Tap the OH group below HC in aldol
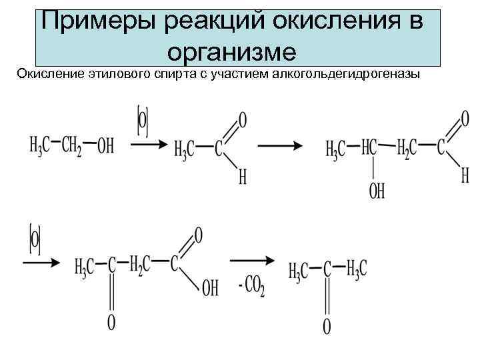coord(376,191)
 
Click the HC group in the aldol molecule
coord(371,148)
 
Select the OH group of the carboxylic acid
coord(209,289)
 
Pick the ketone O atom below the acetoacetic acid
coord(111,323)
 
